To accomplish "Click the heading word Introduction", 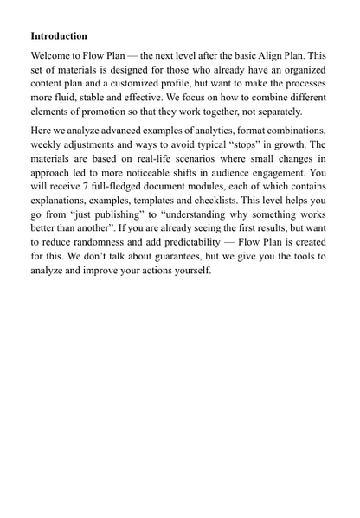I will point(59,36).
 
